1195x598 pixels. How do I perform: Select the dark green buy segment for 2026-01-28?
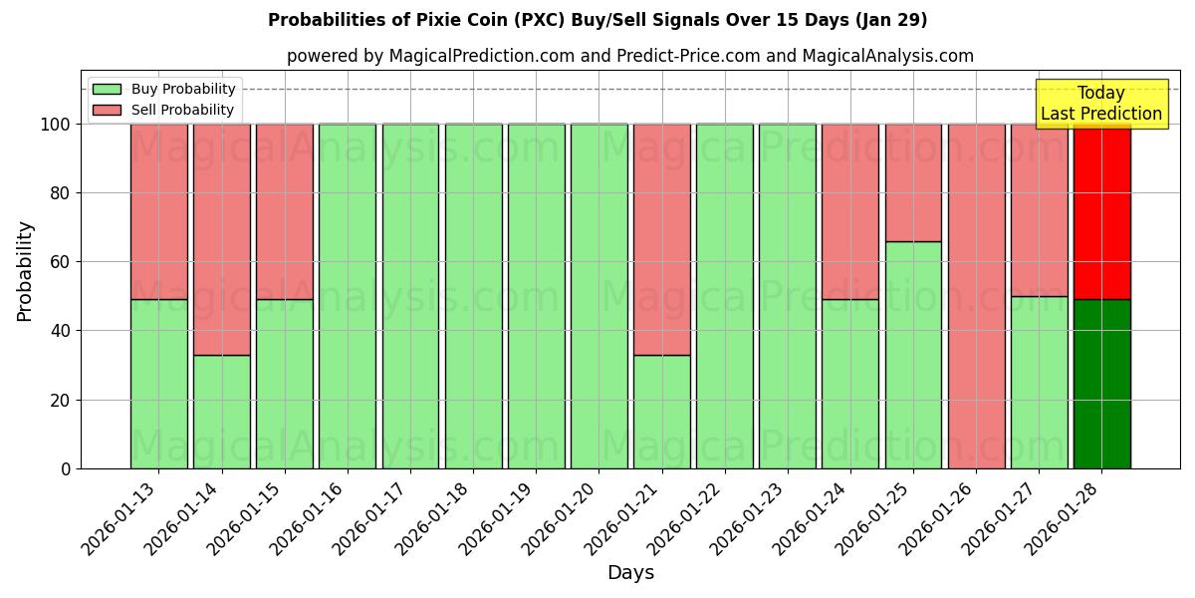click(x=1101, y=384)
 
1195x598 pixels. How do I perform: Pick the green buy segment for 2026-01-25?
click(x=913, y=355)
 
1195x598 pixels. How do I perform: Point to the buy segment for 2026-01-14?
click(x=221, y=412)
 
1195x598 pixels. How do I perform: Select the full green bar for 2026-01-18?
click(x=473, y=296)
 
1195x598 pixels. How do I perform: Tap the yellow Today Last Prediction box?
click(x=1100, y=104)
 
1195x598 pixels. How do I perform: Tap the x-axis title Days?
click(x=630, y=573)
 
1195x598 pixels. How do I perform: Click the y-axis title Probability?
click(x=25, y=270)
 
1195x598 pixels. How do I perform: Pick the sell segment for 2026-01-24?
click(x=850, y=211)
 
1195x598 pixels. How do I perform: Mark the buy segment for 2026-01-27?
click(x=1039, y=382)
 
